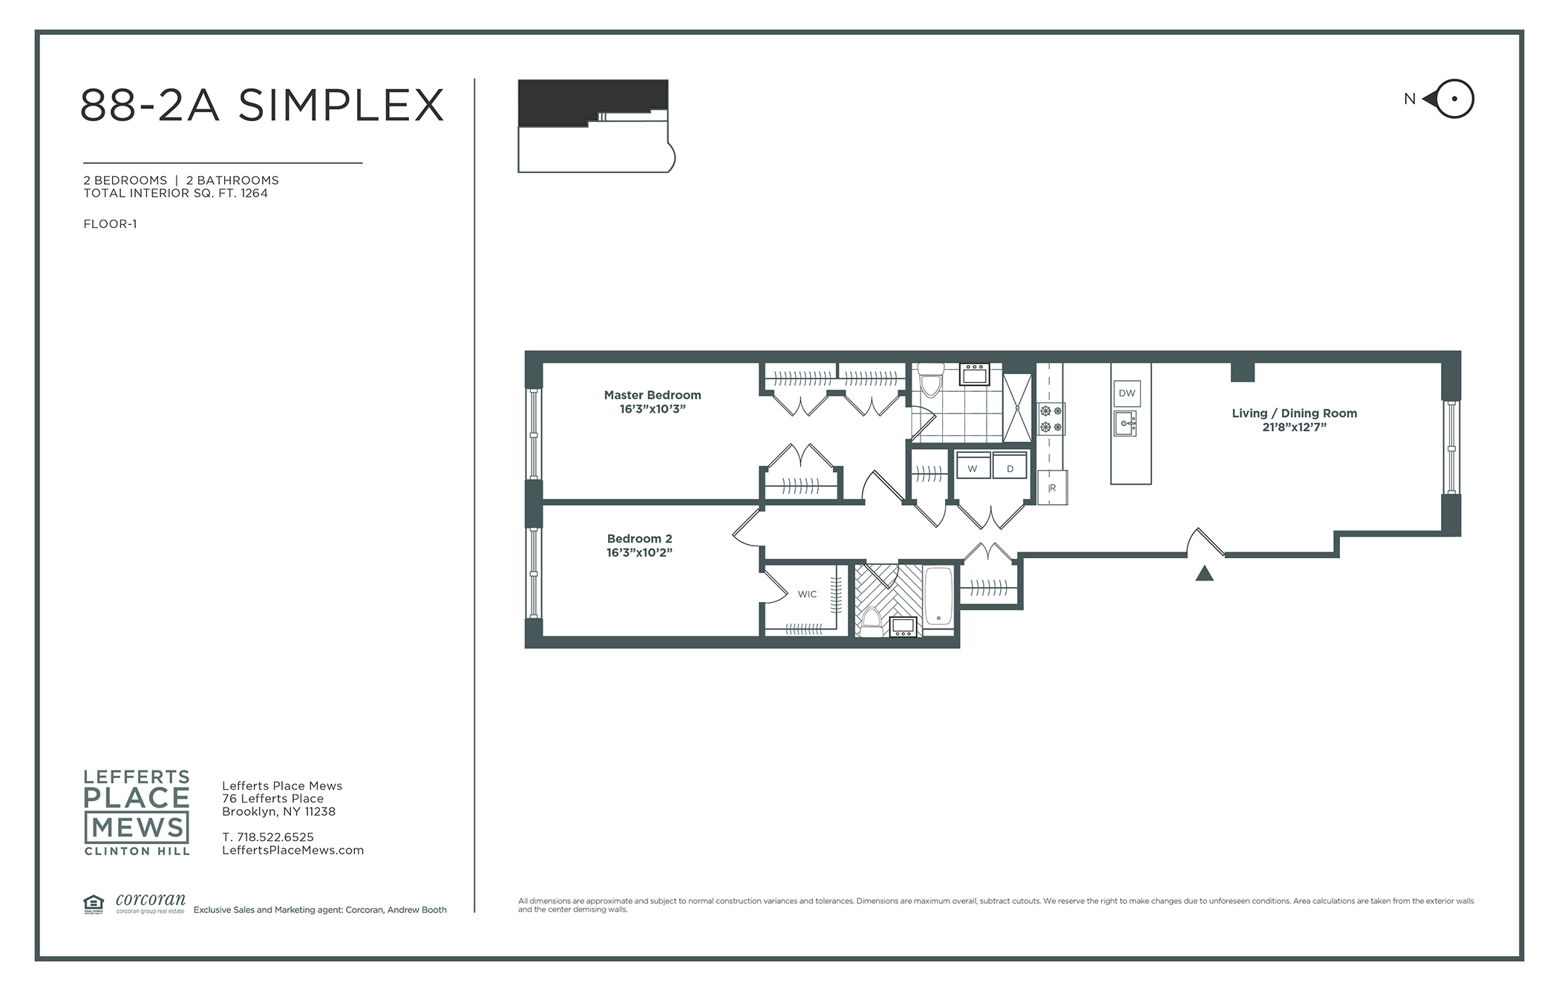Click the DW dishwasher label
1126,393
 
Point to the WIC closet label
807,594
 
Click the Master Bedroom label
653,395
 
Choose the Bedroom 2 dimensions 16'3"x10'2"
639,552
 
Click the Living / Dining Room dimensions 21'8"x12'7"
1294,427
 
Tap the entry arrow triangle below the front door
1204,573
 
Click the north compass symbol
1449,99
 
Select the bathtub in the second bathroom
938,597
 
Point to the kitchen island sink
1125,424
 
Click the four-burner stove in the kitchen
1051,419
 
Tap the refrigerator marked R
1052,488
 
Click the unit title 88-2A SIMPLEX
261,105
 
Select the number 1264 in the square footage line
254,193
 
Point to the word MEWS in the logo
137,827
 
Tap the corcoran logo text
151,900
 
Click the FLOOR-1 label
110,224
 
